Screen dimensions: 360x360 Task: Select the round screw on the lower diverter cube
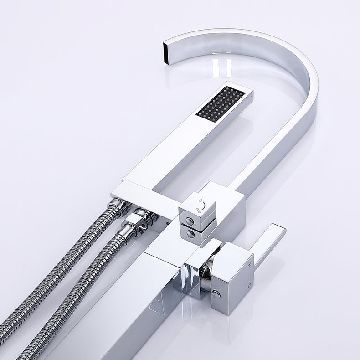190,234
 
